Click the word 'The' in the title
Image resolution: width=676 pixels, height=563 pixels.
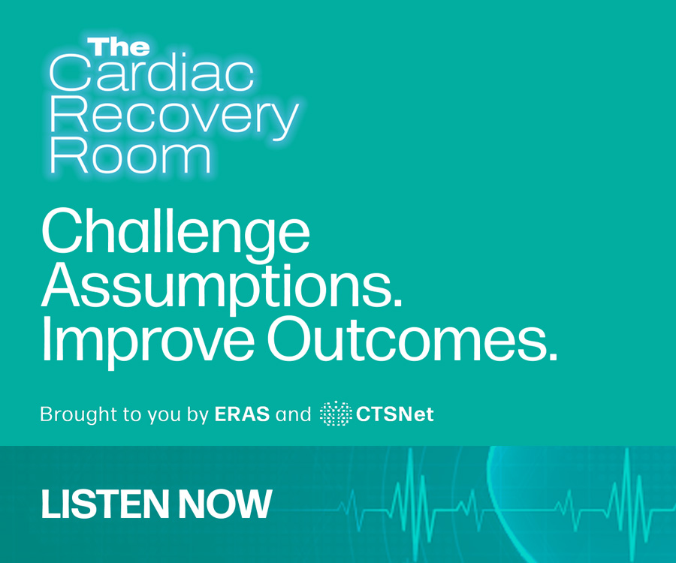[119, 47]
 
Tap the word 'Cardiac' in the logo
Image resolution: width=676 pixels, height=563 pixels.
[152, 74]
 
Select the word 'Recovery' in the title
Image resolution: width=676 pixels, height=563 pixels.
[174, 118]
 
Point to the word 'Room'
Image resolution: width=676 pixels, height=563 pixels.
[130, 155]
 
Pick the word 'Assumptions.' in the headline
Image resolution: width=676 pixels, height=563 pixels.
[222, 285]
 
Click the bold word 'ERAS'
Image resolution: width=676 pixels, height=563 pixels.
[242, 414]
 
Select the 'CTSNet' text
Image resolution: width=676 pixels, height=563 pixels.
[395, 414]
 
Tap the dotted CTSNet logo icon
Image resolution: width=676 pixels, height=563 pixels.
[336, 414]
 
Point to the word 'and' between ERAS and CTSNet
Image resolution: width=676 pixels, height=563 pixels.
[293, 414]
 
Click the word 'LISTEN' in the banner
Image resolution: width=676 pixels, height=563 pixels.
[104, 504]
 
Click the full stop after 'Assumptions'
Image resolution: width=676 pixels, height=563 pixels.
[397, 302]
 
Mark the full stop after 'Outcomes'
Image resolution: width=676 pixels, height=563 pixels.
[553, 355]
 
